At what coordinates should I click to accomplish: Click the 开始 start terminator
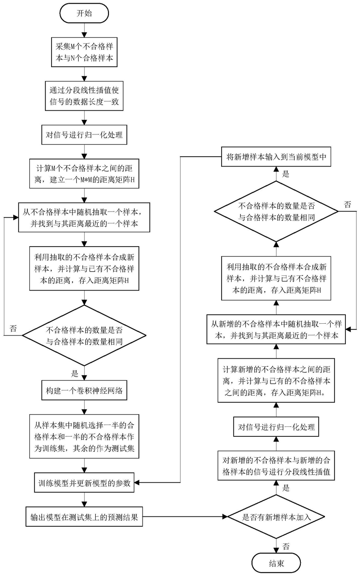point(84,13)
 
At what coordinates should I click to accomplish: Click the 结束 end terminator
point(276,563)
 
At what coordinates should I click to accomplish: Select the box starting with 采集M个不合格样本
point(84,52)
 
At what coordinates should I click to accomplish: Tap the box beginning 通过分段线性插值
point(84,96)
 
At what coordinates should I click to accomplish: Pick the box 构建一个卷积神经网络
point(84,390)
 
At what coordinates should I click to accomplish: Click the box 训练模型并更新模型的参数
point(84,483)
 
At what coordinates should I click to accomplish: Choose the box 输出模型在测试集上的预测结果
point(84,517)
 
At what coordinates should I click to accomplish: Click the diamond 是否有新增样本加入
point(276,517)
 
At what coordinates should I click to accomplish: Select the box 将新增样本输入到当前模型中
point(276,157)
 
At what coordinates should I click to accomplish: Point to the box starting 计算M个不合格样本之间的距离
point(84,174)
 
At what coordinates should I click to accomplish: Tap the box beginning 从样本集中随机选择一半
point(84,436)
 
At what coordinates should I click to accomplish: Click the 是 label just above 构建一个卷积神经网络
point(75,373)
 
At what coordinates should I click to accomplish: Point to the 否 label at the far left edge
point(13,328)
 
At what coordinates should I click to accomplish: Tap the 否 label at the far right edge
point(347,204)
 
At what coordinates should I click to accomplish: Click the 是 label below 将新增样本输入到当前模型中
point(286,174)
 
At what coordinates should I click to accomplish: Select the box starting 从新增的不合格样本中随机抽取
point(276,329)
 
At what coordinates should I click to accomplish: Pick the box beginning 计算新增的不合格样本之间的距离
point(276,381)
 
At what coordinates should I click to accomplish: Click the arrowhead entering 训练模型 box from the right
point(136,483)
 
